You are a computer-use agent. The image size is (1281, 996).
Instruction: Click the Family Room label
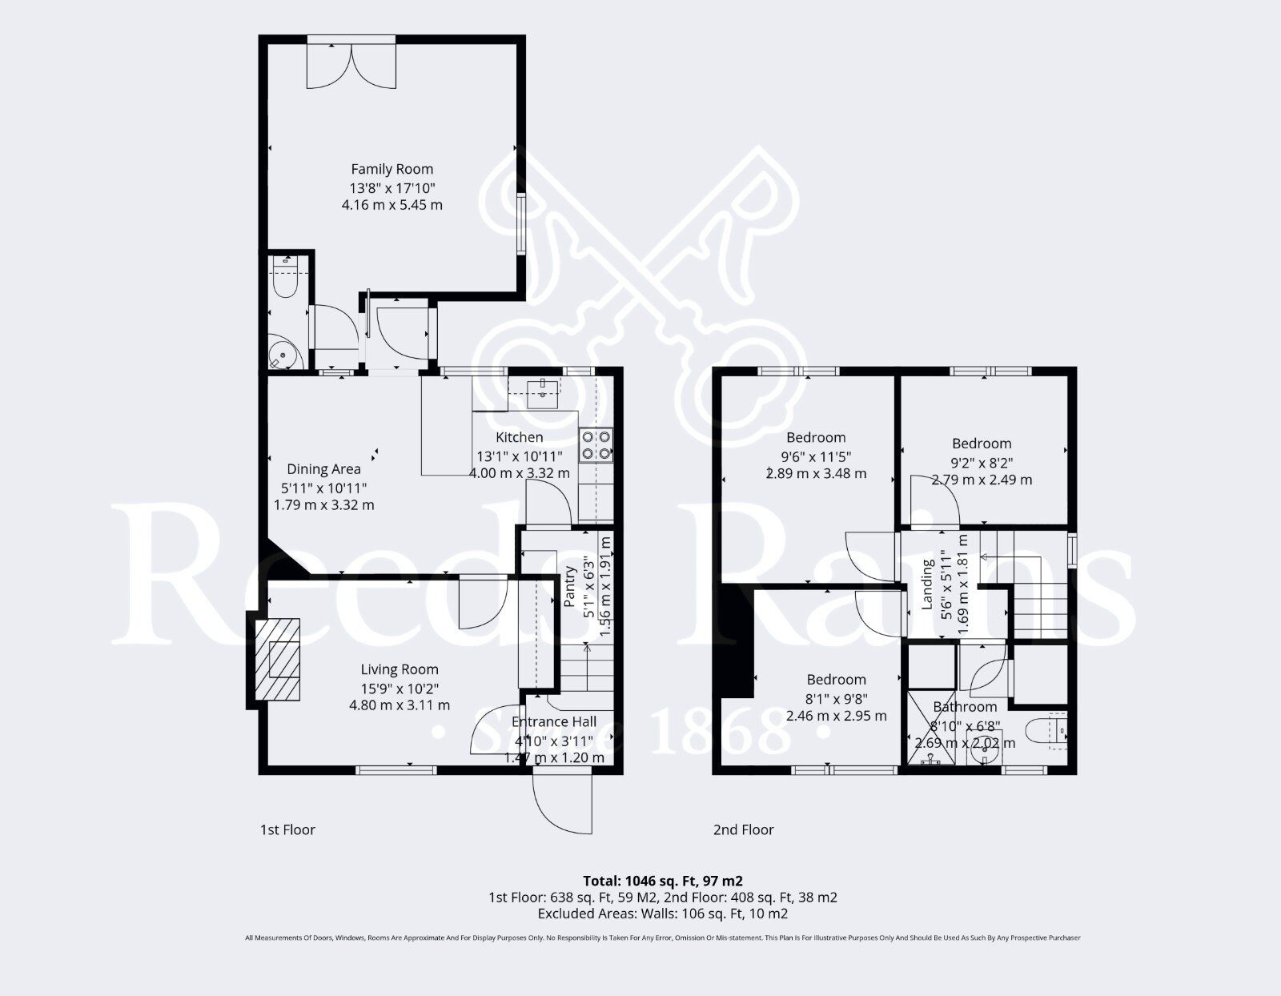click(392, 169)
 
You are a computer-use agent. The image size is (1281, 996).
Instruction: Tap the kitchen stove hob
click(596, 445)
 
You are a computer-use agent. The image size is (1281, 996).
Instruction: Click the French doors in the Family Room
click(351, 64)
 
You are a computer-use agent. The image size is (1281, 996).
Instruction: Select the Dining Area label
click(323, 469)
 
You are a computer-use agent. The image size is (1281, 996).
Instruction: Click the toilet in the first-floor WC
click(285, 276)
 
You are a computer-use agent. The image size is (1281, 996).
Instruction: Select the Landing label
click(928, 584)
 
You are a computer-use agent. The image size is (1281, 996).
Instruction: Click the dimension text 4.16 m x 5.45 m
click(392, 205)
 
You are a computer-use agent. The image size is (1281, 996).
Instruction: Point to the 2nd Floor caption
click(743, 829)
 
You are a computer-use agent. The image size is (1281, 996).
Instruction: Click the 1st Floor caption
click(287, 829)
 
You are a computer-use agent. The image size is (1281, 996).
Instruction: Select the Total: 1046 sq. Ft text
click(663, 881)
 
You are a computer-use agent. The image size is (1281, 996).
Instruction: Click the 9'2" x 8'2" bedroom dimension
click(982, 462)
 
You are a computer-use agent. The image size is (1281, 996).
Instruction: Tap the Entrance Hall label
click(553, 721)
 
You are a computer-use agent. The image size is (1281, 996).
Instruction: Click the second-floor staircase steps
click(1041, 608)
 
